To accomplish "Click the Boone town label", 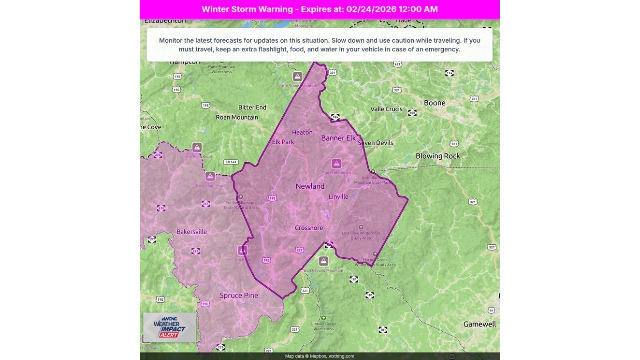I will coord(434,103).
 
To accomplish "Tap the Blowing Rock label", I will coord(438,156).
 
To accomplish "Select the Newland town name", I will coord(310,186).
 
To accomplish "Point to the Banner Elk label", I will coord(338,138).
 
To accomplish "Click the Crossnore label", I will coord(309,228).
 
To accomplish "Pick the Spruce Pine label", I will coord(239,295).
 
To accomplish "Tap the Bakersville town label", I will coord(191,232).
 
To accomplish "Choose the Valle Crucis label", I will coord(386,109).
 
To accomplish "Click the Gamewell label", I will coord(479,324).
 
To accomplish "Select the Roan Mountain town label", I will coord(237,117).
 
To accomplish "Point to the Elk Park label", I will coord(283,142).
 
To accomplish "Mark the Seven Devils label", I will coord(375,143).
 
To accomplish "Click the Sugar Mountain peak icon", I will coord(336,163).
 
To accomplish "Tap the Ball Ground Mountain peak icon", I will coord(323,261).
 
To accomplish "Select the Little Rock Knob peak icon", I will coord(197,147).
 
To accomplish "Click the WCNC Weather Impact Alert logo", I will coord(169,327).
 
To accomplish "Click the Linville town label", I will coord(338,197).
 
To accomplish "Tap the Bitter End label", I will coord(252,107).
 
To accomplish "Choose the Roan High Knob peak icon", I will coord(210,176).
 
